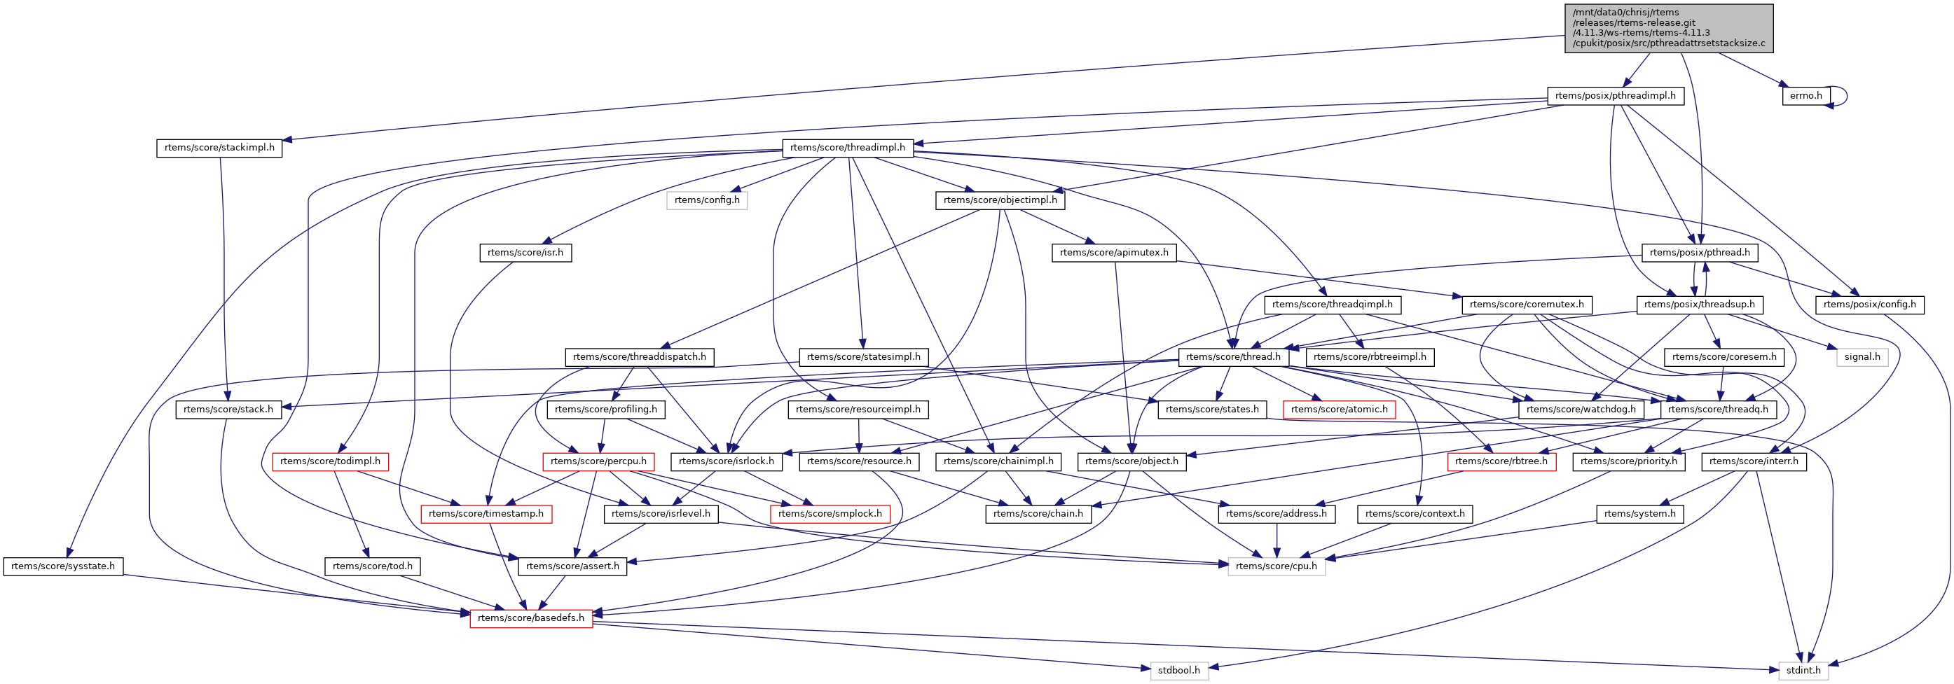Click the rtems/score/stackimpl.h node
pos(219,148)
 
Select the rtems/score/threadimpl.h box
pos(847,148)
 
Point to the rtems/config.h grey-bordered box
pos(706,200)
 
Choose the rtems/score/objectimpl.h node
pos(1000,200)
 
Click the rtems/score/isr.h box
pos(525,253)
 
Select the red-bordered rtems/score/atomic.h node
pos(1339,410)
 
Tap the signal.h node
pos(1862,357)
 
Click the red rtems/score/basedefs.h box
pos(530,618)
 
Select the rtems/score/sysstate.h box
pos(63,566)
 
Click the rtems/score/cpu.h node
pos(1276,566)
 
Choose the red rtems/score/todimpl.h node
pos(330,461)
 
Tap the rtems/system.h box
pos(1640,514)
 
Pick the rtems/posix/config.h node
pos(1869,305)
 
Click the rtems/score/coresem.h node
pos(1723,357)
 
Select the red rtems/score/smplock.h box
pos(830,514)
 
